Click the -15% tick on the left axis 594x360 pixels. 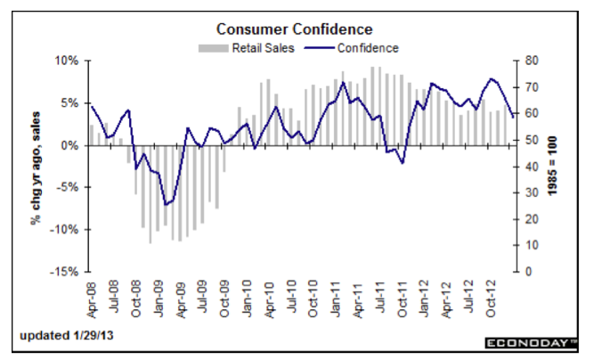68,271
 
